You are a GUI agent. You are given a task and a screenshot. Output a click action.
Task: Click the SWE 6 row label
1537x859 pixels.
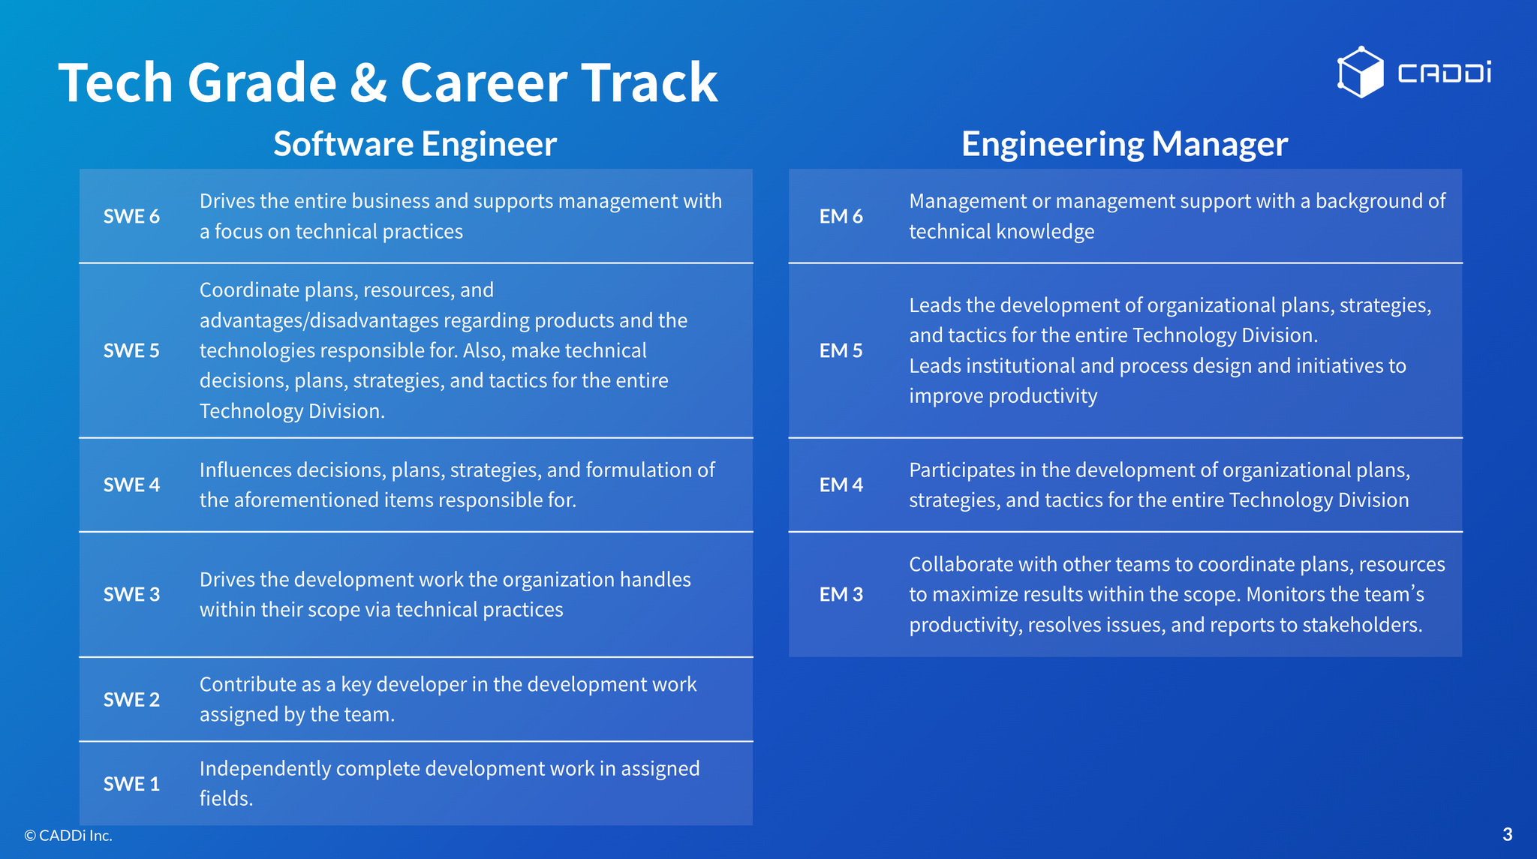[x=131, y=216]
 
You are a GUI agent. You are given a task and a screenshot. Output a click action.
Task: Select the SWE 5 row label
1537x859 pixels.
[x=131, y=350]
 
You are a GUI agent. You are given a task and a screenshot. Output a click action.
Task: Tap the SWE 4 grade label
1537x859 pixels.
[x=131, y=485]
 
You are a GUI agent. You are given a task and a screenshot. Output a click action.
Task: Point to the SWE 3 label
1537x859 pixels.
[x=131, y=594]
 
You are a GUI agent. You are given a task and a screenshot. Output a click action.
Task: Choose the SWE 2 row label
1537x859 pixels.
[x=131, y=699]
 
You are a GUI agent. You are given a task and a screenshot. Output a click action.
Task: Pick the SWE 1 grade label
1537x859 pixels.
[x=131, y=783]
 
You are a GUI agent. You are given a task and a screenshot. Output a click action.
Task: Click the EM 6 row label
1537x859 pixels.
[x=841, y=216]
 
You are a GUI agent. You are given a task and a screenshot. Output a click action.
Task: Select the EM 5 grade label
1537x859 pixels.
[x=841, y=350]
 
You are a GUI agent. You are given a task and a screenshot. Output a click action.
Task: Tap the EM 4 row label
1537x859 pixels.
[x=841, y=485]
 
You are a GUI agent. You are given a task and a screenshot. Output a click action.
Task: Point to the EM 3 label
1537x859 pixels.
[x=841, y=594]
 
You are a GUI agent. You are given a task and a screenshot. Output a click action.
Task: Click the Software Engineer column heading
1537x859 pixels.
[x=415, y=144]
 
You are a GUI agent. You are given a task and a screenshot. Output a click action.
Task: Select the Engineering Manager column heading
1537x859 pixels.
[x=1124, y=144]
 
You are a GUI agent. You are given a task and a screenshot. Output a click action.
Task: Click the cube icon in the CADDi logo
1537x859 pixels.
[x=1360, y=72]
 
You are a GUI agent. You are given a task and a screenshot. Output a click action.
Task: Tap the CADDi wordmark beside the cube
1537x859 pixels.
[x=1444, y=73]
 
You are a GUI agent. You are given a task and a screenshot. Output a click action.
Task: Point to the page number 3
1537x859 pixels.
[x=1507, y=834]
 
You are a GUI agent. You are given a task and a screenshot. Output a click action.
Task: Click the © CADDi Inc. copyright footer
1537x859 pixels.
[x=68, y=835]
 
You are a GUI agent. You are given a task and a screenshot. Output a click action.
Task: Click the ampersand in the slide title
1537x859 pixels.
[x=368, y=83]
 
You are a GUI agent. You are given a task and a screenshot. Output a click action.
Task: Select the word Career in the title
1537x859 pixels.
[x=484, y=83]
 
